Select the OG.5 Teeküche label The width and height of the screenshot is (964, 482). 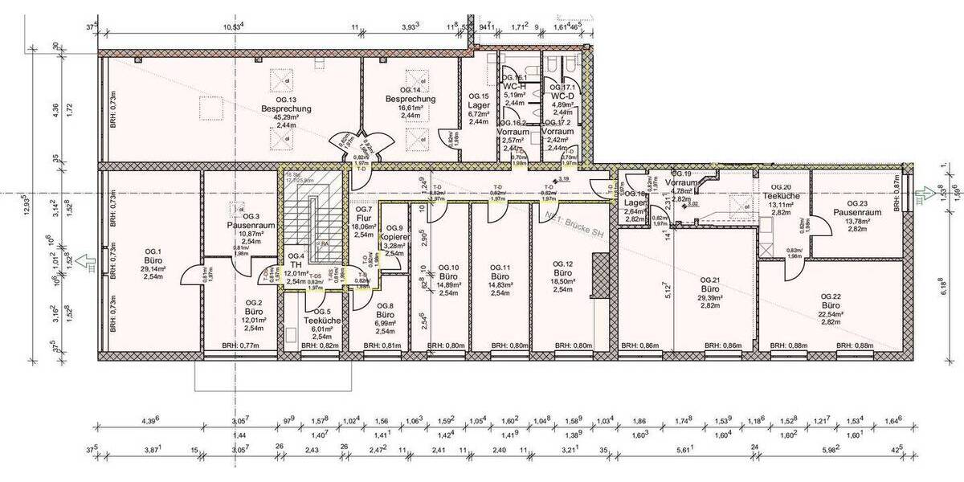point(323,321)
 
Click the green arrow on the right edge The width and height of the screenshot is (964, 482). point(917,192)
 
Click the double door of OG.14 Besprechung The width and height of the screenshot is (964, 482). point(361,145)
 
